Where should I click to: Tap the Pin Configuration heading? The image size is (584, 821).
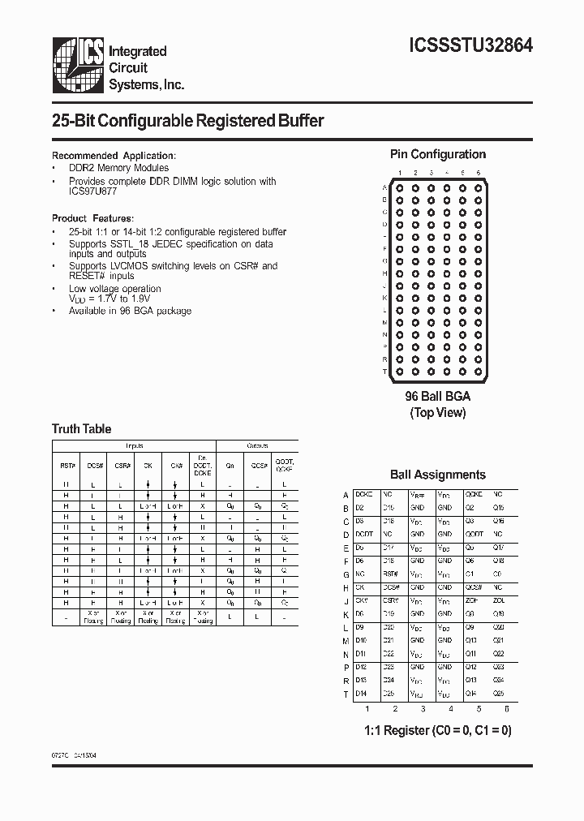tap(438, 154)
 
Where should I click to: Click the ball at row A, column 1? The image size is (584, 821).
tap(398, 187)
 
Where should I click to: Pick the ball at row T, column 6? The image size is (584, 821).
tap(478, 371)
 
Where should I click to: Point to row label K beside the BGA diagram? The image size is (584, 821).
tap(384, 298)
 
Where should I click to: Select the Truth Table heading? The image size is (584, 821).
tap(81, 428)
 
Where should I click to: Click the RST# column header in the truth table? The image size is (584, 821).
tap(67, 467)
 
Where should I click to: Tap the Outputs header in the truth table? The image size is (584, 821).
tap(259, 446)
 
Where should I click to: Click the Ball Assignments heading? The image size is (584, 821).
tap(438, 475)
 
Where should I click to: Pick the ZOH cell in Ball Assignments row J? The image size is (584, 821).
tap(470, 600)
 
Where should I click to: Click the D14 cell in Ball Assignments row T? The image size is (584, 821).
tap(362, 694)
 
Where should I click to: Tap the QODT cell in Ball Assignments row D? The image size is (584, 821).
tap(474, 534)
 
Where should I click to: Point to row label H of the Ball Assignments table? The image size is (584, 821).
tap(346, 587)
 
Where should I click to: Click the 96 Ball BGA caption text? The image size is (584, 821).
tap(438, 397)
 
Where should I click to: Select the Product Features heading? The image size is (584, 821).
tap(92, 218)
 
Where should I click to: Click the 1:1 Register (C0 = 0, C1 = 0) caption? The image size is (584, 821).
tap(438, 730)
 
